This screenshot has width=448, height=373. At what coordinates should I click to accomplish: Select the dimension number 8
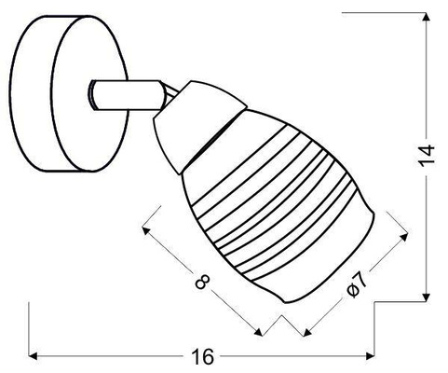click(203, 280)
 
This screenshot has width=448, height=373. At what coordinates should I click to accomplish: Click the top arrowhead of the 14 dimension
click(428, 14)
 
